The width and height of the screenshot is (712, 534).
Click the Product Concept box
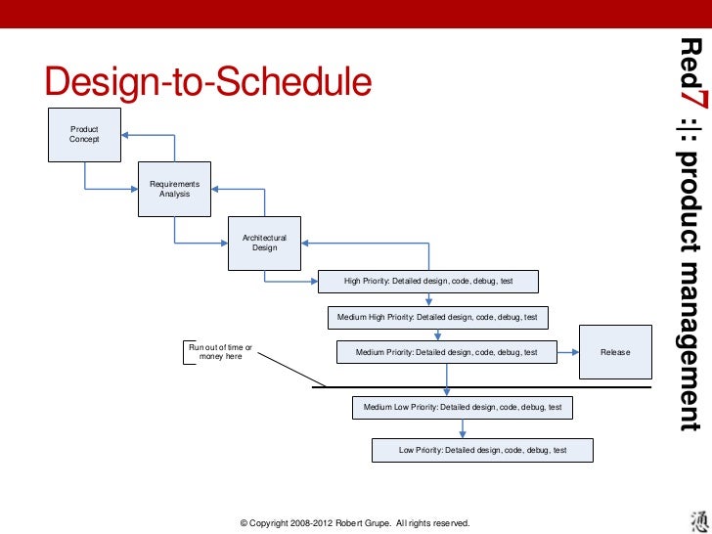(x=85, y=134)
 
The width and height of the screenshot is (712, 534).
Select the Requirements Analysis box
(x=174, y=189)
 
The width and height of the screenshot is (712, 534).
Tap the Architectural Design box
(x=264, y=243)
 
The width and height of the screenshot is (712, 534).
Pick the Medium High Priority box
(x=437, y=318)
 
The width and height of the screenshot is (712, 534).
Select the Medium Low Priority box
(x=462, y=407)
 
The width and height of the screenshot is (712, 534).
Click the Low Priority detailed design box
(x=482, y=450)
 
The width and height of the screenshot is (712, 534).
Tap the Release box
(x=615, y=352)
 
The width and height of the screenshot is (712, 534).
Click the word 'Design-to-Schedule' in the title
(x=208, y=82)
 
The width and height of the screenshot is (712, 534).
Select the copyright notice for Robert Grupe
(x=355, y=524)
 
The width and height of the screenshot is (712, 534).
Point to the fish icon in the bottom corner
(x=689, y=518)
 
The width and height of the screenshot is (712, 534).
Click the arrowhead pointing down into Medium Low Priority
(x=447, y=389)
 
